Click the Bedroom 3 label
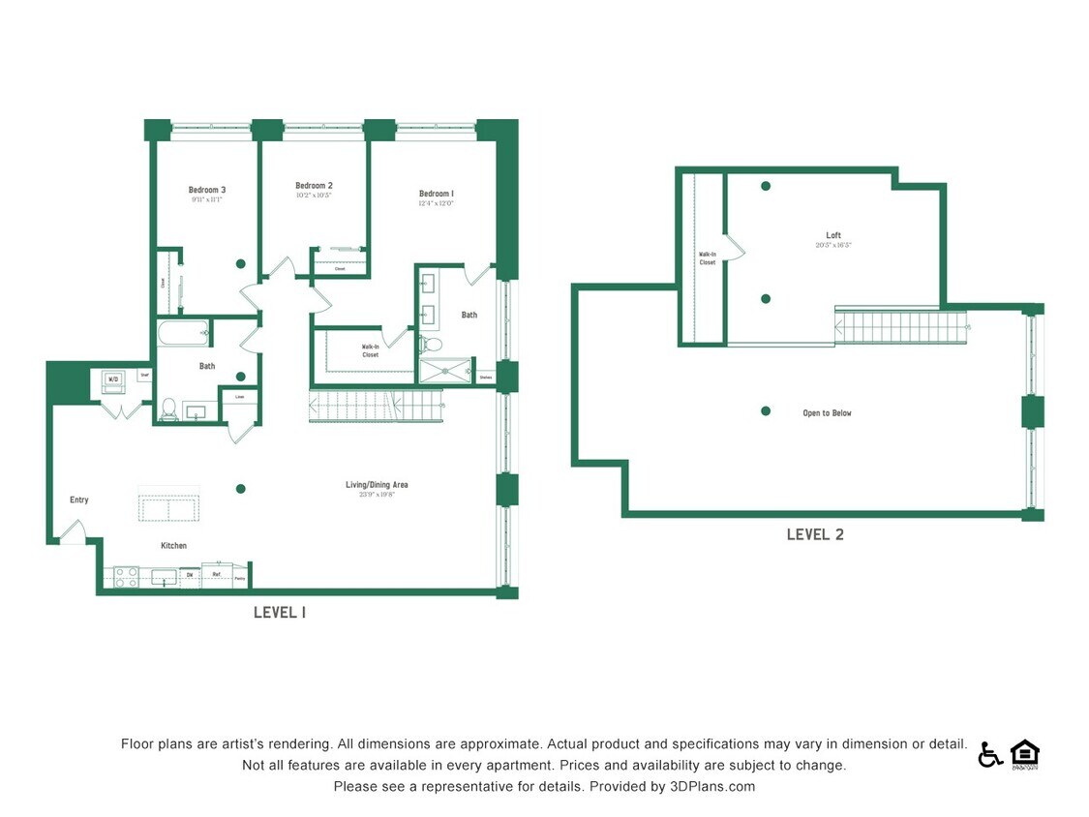coord(207,190)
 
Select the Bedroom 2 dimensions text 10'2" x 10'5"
coord(314,196)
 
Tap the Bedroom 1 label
coord(437,194)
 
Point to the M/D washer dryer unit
coord(113,380)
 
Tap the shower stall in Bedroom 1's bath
coord(445,371)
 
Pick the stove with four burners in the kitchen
coord(127,577)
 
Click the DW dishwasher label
coord(190,576)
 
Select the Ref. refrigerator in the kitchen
coord(217,576)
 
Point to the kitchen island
coord(168,509)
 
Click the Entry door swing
coord(73,531)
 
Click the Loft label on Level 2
coord(833,235)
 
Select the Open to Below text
coord(827,413)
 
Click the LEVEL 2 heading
coord(814,534)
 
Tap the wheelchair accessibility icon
coord(990,755)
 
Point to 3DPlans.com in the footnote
coord(712,787)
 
